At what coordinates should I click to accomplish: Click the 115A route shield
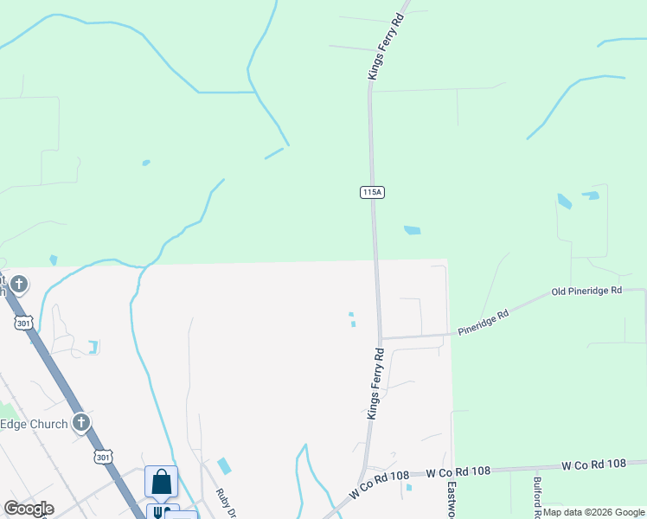point(371,192)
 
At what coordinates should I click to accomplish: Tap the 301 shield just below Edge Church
point(102,456)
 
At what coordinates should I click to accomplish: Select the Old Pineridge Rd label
point(586,292)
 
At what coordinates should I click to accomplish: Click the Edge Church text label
point(34,424)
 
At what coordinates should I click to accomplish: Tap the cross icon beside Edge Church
point(81,423)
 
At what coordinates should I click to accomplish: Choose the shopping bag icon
point(161,481)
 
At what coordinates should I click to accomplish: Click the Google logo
point(29,509)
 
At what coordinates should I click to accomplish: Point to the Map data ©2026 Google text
point(593,512)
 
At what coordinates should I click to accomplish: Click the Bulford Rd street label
point(537,497)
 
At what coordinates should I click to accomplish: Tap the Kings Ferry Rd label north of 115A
point(387,48)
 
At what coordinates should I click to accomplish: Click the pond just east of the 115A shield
point(413,230)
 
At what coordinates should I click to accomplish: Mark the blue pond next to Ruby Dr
point(224,465)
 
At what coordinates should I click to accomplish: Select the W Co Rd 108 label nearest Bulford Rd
point(593,465)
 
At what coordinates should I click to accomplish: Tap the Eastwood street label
point(452,499)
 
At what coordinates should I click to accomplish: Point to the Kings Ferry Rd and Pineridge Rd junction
point(380,338)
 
